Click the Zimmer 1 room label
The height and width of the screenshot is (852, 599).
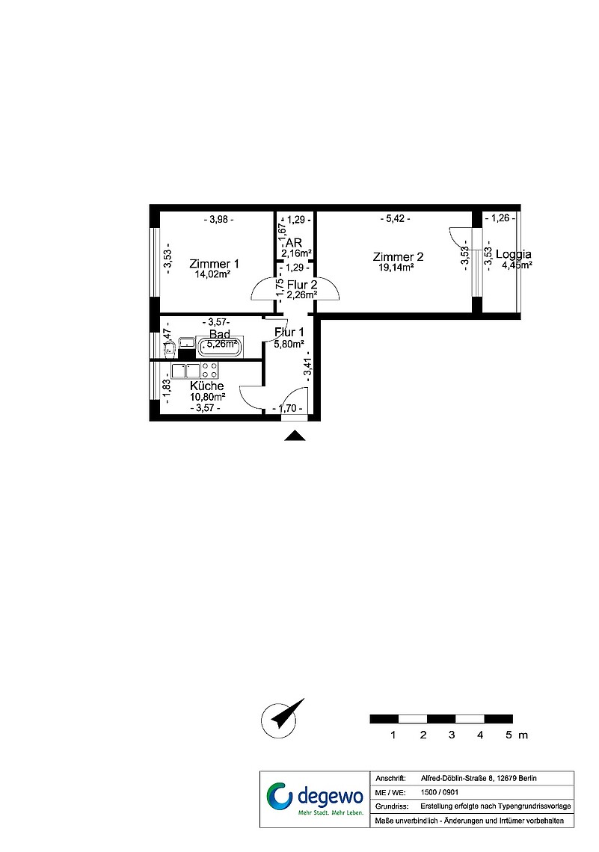214,264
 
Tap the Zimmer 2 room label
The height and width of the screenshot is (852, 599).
398,257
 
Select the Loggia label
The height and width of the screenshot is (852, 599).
514,254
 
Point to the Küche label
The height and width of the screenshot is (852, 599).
206,386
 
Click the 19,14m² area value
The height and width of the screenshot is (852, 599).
396,268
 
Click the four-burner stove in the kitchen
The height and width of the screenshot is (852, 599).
210,371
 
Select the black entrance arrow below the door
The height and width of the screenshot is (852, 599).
295,435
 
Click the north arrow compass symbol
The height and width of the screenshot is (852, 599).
281,718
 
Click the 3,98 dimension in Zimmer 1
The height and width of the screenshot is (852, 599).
218,220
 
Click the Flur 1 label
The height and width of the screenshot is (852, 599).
289,333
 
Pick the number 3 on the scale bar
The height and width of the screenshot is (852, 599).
452,735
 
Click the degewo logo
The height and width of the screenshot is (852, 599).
314,799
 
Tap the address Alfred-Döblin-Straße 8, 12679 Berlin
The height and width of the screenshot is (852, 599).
479,778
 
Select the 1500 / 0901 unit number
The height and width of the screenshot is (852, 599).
439,792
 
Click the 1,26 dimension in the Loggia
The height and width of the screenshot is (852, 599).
500,218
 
